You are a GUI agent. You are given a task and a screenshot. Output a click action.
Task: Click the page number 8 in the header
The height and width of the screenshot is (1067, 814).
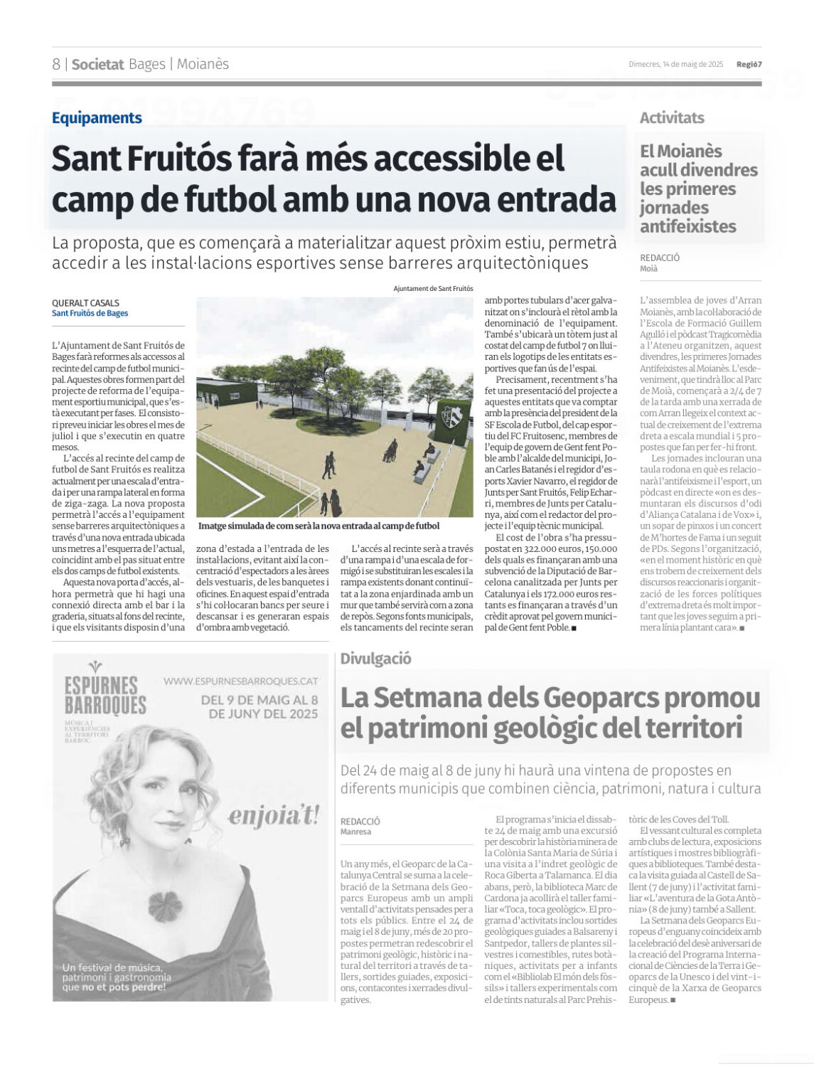click(56, 64)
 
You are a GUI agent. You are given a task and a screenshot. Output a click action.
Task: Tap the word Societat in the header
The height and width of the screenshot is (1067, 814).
click(97, 64)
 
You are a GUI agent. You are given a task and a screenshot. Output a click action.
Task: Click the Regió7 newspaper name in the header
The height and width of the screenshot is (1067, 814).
click(749, 64)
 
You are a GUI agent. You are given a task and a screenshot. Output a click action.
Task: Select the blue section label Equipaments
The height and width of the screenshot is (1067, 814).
click(97, 118)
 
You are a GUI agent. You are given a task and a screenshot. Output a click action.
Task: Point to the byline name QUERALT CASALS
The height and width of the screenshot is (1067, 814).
click(85, 303)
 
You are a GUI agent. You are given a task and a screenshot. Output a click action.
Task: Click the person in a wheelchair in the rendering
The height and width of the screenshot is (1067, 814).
click(390, 450)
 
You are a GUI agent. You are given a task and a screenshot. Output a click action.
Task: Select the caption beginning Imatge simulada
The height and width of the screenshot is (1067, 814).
click(318, 526)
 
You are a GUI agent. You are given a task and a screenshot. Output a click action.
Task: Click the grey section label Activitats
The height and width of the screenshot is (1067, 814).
click(671, 118)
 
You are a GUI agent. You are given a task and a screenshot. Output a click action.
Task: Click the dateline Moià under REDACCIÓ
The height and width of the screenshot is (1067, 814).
click(648, 269)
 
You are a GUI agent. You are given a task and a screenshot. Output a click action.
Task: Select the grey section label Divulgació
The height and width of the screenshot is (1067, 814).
click(375, 659)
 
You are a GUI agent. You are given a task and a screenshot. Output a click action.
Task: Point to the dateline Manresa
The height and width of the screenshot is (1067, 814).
click(355, 832)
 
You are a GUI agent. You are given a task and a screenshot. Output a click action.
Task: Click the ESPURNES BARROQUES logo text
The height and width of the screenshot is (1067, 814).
click(105, 695)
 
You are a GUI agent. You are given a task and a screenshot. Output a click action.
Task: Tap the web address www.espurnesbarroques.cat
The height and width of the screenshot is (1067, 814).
click(240, 681)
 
